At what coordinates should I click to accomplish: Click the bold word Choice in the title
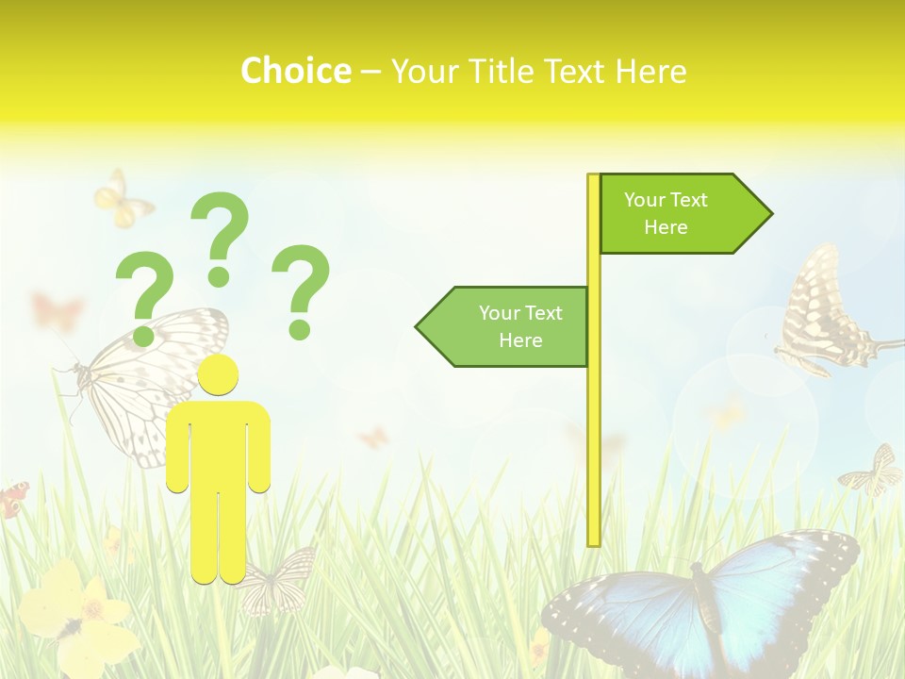click(x=295, y=71)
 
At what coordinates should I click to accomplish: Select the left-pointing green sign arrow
click(x=503, y=326)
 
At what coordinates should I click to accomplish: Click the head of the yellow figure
click(x=218, y=375)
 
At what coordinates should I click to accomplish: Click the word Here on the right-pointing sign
click(x=666, y=227)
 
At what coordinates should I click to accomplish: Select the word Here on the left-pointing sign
click(x=520, y=340)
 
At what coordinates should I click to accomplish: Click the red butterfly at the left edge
click(x=12, y=499)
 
